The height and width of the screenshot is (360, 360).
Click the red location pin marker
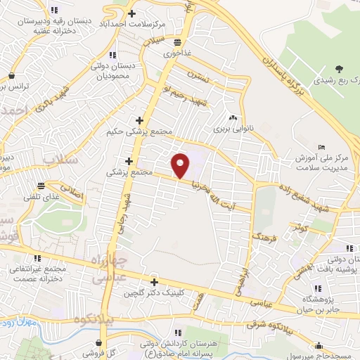tap(181, 165)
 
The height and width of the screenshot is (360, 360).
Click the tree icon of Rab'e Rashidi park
tap(339, 68)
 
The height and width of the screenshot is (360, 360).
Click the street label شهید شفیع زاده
tap(301, 198)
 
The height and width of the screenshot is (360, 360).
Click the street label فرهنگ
tap(267, 230)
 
